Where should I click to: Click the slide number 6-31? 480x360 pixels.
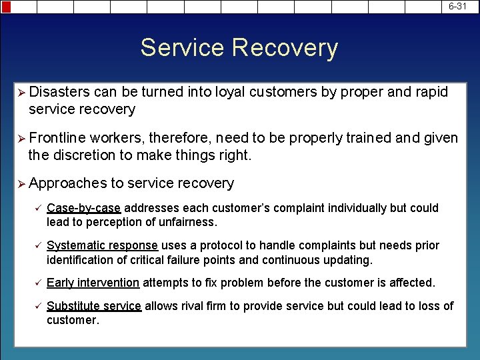click(457, 5)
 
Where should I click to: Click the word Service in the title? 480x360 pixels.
click(182, 48)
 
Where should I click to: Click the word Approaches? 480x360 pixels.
click(67, 183)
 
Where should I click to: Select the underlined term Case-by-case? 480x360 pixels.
click(84, 208)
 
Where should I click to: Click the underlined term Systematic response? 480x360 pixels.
click(102, 245)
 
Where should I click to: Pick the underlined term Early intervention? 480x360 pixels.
click(93, 283)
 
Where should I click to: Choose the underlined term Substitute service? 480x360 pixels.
click(94, 306)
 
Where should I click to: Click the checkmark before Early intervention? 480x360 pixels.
click(37, 283)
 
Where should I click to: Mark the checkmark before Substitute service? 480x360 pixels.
click(37, 306)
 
